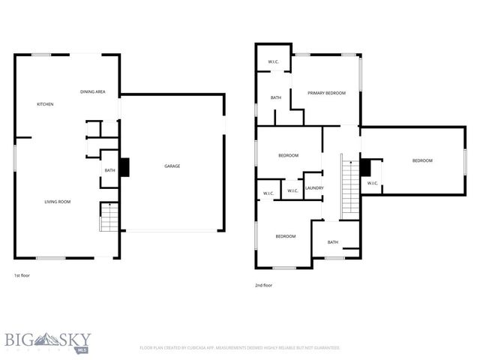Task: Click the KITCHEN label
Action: [x=45, y=104]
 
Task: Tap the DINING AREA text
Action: [x=93, y=92]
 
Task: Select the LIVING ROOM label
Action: [x=57, y=202]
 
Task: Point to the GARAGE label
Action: [x=172, y=166]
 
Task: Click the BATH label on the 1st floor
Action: [x=109, y=171]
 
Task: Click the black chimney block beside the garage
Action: [x=124, y=167]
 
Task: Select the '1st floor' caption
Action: [x=22, y=275]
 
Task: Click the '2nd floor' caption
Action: [x=263, y=285]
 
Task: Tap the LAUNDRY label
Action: [x=314, y=188]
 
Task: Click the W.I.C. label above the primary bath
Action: [x=274, y=61]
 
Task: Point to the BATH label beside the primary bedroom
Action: [x=275, y=97]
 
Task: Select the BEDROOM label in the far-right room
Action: [x=422, y=160]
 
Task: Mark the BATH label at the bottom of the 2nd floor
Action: [x=332, y=242]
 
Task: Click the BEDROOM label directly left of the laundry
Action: [x=289, y=155]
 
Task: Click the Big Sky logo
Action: [x=45, y=342]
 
